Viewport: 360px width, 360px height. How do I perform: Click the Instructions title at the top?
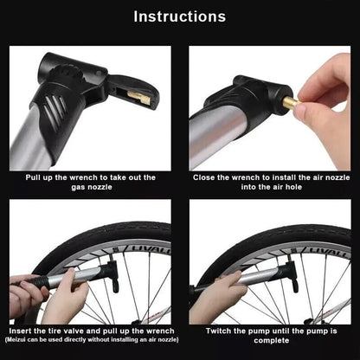click(x=180, y=16)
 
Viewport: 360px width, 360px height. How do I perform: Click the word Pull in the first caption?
click(x=35, y=177)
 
